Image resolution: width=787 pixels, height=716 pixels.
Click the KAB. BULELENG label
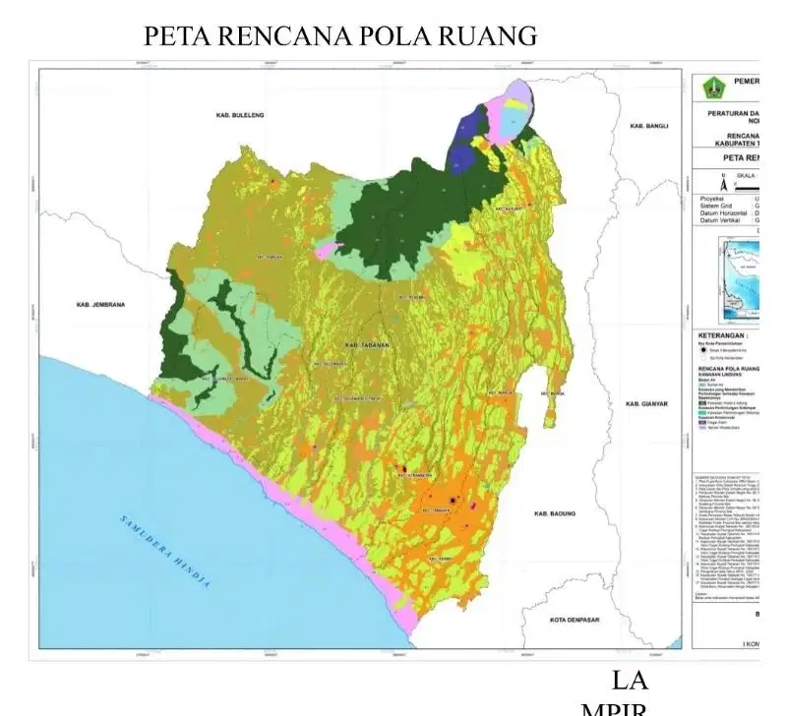click(x=236, y=116)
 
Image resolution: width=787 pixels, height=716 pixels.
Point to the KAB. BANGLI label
click(x=648, y=126)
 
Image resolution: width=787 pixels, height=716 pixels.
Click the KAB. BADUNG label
click(x=554, y=514)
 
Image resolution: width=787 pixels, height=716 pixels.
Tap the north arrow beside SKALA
click(x=723, y=184)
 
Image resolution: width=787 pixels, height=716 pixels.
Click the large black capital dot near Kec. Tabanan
click(x=451, y=501)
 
